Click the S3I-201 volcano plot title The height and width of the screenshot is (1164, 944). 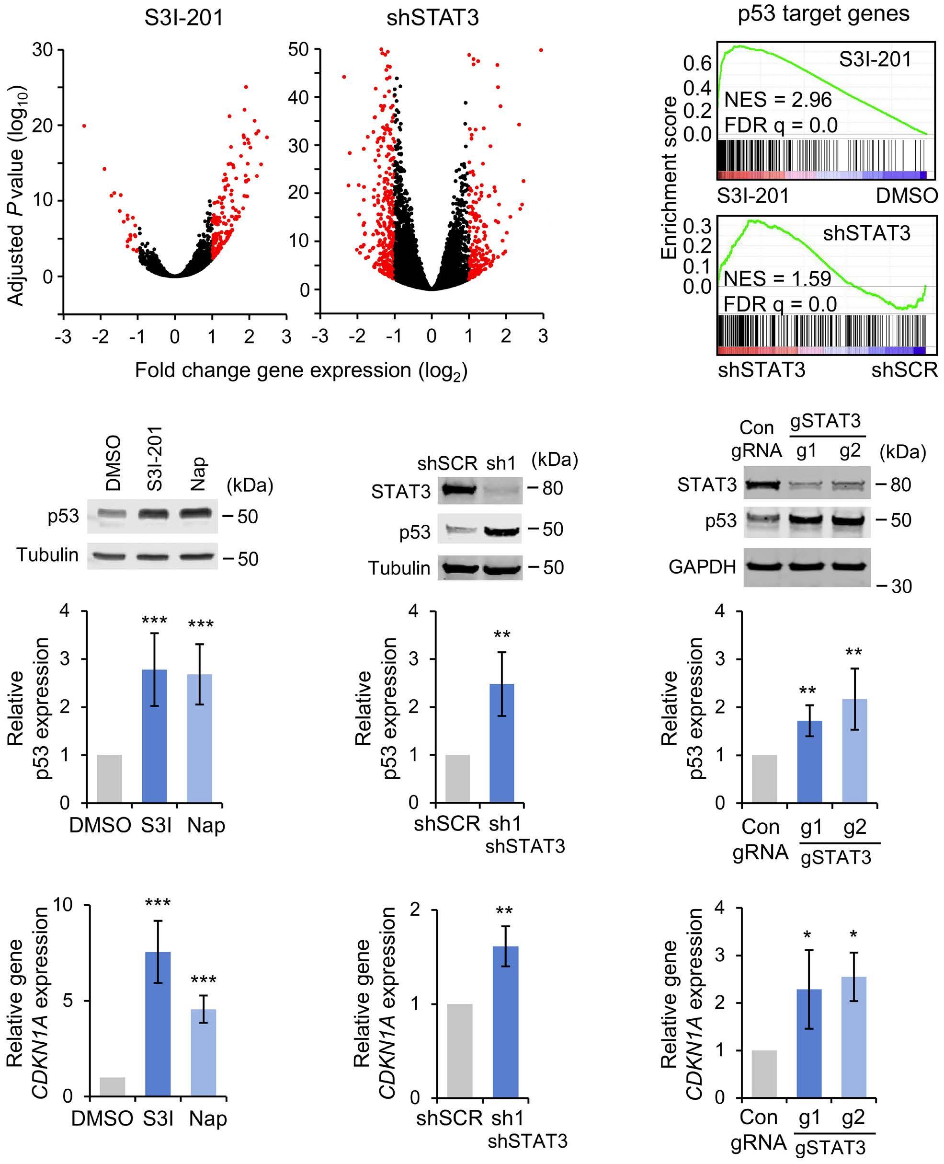(184, 18)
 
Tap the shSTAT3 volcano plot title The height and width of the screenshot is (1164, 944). (432, 18)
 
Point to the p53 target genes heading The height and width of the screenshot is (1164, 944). (823, 13)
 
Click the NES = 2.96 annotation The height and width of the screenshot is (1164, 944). (778, 100)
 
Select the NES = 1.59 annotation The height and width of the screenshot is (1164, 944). (778, 278)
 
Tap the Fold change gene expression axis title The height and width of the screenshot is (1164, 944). (301, 371)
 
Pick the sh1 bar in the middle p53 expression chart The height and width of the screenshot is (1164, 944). (501, 743)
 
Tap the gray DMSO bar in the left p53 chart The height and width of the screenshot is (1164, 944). (109, 778)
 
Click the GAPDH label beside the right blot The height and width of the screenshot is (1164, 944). (702, 567)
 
